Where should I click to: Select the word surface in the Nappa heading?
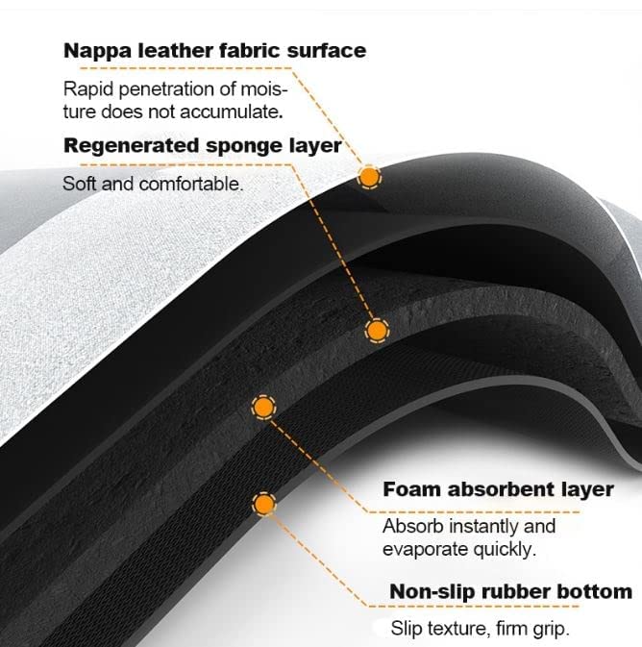click(327, 50)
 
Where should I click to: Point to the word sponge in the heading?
click(244, 147)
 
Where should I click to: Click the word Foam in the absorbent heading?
click(411, 489)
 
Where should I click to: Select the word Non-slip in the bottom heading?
click(432, 592)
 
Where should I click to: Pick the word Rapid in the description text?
click(87, 89)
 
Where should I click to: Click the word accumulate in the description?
click(231, 112)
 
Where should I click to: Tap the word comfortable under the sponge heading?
click(190, 184)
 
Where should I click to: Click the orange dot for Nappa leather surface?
click(369, 178)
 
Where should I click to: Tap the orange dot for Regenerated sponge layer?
click(377, 331)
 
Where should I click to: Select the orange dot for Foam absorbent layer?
click(263, 408)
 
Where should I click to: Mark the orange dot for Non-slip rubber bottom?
click(263, 504)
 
